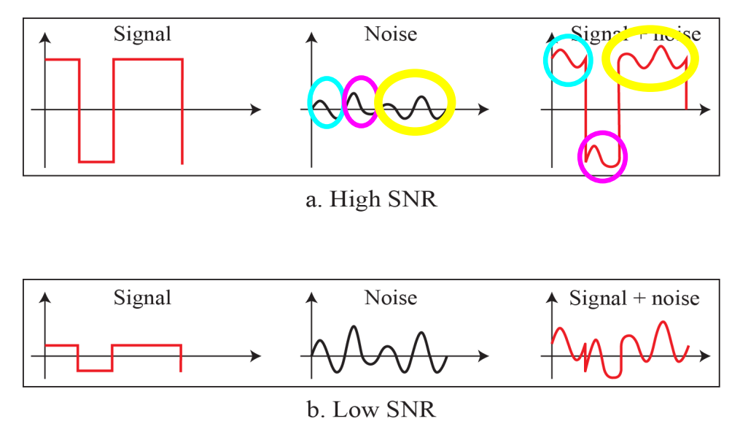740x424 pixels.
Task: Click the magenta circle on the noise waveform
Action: pyautogui.click(x=360, y=101)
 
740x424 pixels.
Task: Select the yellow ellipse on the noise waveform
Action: pyautogui.click(x=415, y=101)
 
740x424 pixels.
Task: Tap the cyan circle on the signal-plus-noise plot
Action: pyautogui.click(x=568, y=60)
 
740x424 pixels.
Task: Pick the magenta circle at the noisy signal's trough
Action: pyautogui.click(x=602, y=156)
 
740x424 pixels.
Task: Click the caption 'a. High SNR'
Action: pyautogui.click(x=371, y=199)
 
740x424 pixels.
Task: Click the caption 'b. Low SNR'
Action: pyautogui.click(x=371, y=409)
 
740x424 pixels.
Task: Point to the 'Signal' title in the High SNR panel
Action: pyautogui.click(x=142, y=34)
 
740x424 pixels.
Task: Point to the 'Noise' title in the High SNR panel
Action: pyautogui.click(x=391, y=34)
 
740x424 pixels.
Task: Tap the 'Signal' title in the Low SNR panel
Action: pyautogui.click(x=142, y=298)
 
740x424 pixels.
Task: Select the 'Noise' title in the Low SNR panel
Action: pyautogui.click(x=391, y=298)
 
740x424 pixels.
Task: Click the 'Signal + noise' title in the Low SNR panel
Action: pyautogui.click(x=634, y=298)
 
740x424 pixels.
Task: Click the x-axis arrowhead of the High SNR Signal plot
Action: pyautogui.click(x=256, y=109)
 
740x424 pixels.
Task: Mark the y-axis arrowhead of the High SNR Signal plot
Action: pyautogui.click(x=45, y=36)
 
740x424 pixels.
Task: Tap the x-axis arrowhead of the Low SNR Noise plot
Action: pyautogui.click(x=483, y=356)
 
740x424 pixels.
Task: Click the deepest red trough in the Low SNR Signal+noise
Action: pyautogui.click(x=612, y=376)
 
